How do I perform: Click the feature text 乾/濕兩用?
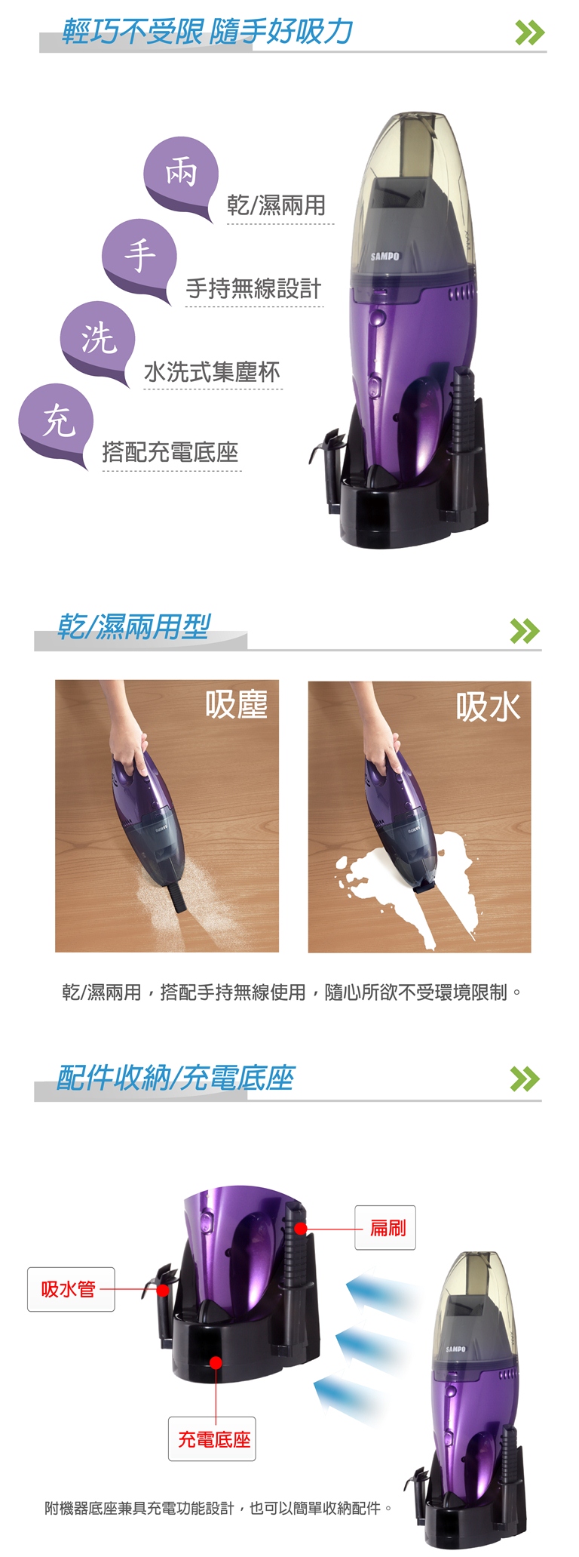[x=276, y=205]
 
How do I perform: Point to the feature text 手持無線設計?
[x=253, y=288]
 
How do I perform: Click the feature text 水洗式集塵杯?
[x=212, y=371]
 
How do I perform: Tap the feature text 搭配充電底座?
[x=170, y=452]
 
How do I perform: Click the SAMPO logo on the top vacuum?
[x=384, y=257]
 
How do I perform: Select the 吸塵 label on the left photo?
[x=237, y=704]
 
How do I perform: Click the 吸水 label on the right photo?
[x=488, y=707]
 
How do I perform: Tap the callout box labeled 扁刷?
[x=385, y=1228]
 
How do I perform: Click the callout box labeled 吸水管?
[x=71, y=1289]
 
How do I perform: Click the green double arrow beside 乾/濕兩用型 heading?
[x=525, y=630]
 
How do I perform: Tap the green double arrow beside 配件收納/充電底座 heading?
[x=525, y=1079]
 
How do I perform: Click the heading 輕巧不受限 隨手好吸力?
[x=207, y=32]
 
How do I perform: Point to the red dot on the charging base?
[x=216, y=1362]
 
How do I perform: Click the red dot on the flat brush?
[x=300, y=1229]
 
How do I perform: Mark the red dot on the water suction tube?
[x=162, y=1290]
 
